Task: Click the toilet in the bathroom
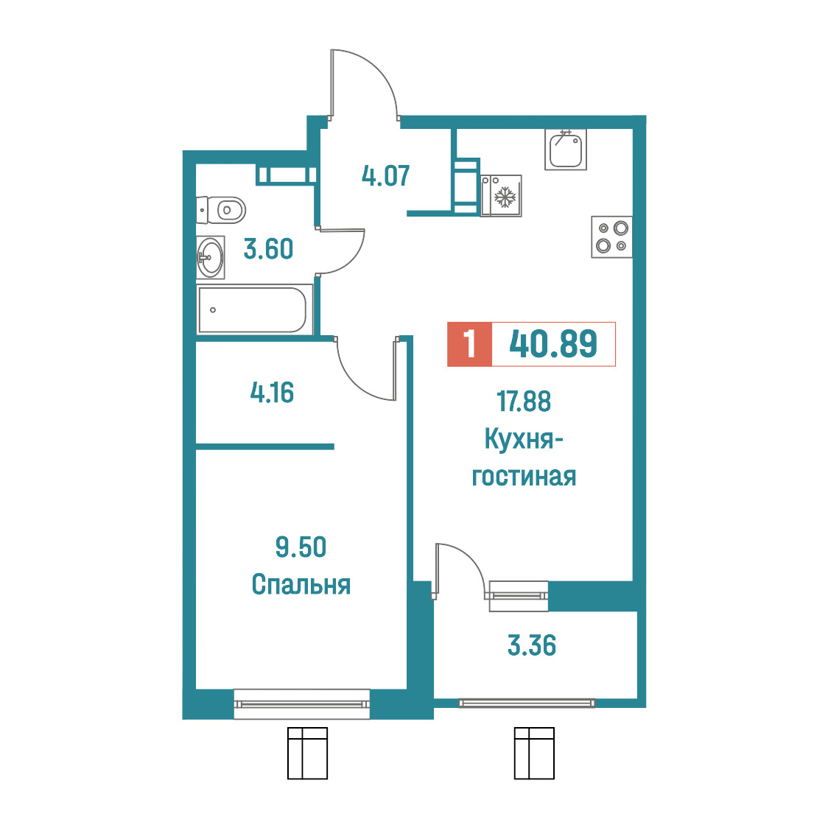pyautogui.click(x=221, y=210)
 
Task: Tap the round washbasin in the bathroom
pyautogui.click(x=210, y=258)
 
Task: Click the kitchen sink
pyautogui.click(x=566, y=150)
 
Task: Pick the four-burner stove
pyautogui.click(x=611, y=237)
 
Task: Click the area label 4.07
pyautogui.click(x=385, y=176)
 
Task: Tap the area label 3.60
pyautogui.click(x=268, y=249)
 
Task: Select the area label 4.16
pyautogui.click(x=272, y=393)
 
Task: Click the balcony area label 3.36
pyautogui.click(x=532, y=645)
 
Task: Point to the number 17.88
pyautogui.click(x=524, y=401)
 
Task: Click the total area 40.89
pyautogui.click(x=553, y=344)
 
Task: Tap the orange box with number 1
pyautogui.click(x=469, y=344)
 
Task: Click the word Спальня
pyautogui.click(x=301, y=585)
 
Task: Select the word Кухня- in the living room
pyautogui.click(x=524, y=439)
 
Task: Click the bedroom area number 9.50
pyautogui.click(x=301, y=547)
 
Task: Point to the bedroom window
pyautogui.click(x=301, y=704)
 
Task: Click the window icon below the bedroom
pyautogui.click(x=307, y=753)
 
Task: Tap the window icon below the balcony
pyautogui.click(x=534, y=753)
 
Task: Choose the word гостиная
pyautogui.click(x=524, y=477)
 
